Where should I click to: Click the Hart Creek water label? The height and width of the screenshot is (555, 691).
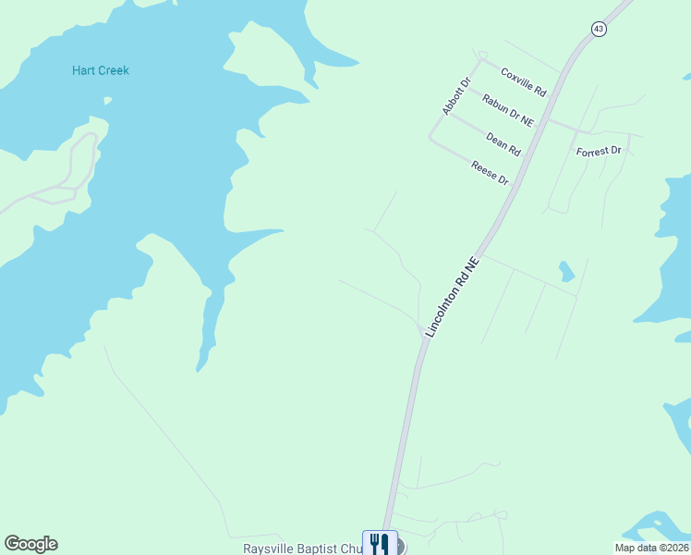(x=101, y=70)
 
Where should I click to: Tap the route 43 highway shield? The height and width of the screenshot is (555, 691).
(x=599, y=30)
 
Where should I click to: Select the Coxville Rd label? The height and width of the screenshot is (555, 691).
(x=524, y=82)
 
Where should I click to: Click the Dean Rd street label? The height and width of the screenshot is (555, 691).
(x=503, y=143)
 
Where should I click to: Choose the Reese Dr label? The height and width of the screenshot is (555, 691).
(x=491, y=172)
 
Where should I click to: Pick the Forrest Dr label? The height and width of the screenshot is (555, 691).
(x=599, y=151)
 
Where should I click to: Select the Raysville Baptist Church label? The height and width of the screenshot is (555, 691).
(x=302, y=549)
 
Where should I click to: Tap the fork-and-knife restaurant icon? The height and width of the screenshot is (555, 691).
(x=380, y=543)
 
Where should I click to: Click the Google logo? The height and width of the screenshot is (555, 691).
(x=30, y=544)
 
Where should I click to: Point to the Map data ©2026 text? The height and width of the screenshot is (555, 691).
(x=651, y=548)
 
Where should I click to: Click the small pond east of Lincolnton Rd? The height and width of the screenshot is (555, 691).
(x=566, y=271)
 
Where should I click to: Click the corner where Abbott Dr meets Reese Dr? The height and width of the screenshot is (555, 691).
(x=430, y=139)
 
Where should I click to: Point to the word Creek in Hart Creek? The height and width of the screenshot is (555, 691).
(x=114, y=70)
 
